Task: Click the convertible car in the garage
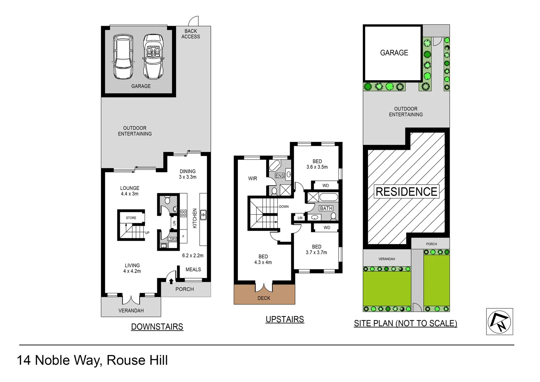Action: coord(153,57)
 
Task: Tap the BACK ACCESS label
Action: coord(190,34)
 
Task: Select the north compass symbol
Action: coord(499,322)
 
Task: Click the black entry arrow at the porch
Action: coord(171,281)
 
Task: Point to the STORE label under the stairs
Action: coord(131,218)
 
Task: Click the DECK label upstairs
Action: coord(264,298)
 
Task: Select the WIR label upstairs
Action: coord(253,179)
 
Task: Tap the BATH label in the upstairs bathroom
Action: coord(326,208)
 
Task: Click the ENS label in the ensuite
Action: coord(280,175)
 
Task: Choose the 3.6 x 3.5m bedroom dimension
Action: coord(317,167)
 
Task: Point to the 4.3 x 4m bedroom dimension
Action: coord(263,262)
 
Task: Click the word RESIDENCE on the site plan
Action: coord(406,192)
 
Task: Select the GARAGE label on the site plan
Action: coord(394,53)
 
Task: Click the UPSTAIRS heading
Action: coord(284,319)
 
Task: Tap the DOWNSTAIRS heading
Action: coord(157,327)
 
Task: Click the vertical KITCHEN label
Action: coord(195,218)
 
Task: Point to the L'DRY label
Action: coord(172,239)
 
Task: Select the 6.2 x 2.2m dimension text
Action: coord(193,255)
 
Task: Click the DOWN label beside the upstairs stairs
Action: coord(284,207)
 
